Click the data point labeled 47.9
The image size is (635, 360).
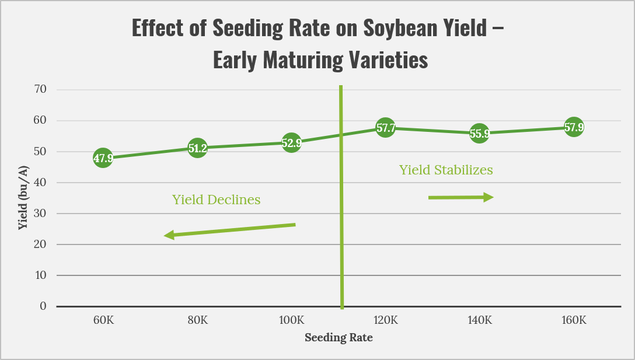click(103, 158)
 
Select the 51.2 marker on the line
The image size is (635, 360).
click(197, 148)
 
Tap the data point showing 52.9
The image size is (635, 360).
click(291, 143)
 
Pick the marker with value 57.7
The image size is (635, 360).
click(385, 128)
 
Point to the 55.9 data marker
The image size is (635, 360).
click(479, 134)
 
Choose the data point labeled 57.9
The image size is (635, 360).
click(573, 127)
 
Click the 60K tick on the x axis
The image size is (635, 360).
click(103, 320)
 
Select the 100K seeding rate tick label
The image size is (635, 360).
click(291, 320)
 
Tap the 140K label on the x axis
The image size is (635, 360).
click(479, 320)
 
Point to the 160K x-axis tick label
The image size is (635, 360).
click(573, 320)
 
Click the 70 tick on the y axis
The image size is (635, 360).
click(40, 90)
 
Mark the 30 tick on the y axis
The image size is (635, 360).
click(40, 214)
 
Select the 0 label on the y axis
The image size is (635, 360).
click(43, 306)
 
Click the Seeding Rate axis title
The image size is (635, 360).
click(339, 338)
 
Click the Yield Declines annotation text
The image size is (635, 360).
click(216, 200)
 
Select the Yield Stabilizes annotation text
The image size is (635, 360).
click(446, 170)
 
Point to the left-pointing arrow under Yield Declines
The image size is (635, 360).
click(229, 230)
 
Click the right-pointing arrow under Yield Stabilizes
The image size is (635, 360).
click(460, 198)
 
